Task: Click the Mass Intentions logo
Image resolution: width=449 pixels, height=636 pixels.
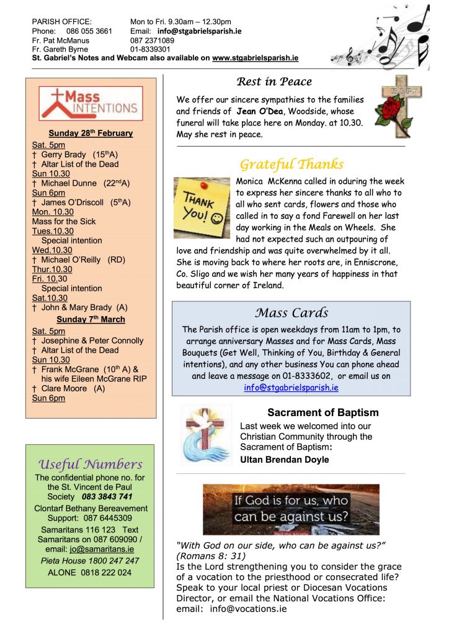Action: coord(91,103)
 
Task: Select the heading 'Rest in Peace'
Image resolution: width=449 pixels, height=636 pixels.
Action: coord(274,81)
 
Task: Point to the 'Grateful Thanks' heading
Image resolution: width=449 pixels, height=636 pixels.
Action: coord(291,165)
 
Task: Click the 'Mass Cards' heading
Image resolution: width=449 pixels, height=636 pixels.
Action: coord(291,312)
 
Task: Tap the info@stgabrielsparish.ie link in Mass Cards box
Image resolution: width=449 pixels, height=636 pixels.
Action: coord(291,387)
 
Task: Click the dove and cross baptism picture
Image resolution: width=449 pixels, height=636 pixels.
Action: coord(205,435)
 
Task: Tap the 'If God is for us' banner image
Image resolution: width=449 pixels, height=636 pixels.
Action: coord(291,509)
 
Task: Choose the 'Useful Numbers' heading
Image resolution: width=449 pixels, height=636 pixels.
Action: coord(91,464)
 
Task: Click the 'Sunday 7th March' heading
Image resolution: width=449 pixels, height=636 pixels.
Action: coord(91,319)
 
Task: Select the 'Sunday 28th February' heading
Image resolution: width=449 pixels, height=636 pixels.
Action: coord(91,133)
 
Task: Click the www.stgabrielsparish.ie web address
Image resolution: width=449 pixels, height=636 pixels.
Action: coord(256,58)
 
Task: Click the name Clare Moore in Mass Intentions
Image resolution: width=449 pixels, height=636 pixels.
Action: coord(65,388)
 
